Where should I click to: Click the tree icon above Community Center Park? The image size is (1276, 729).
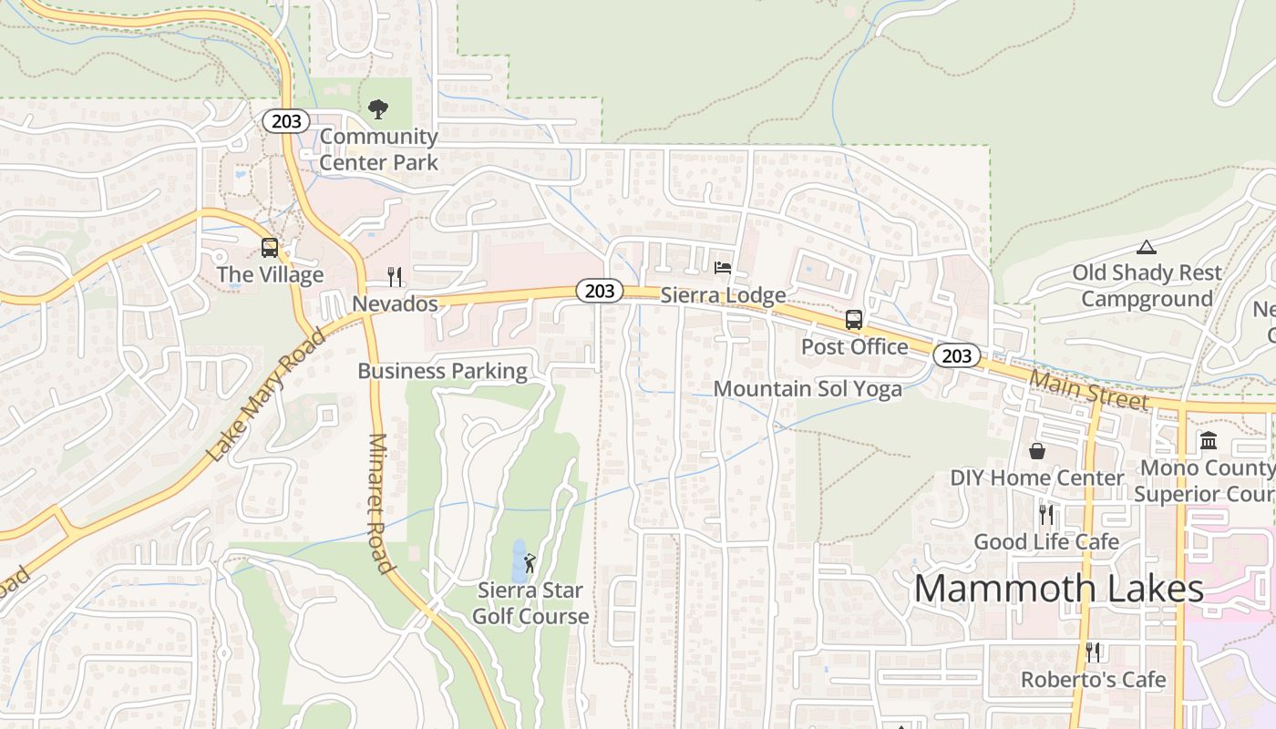377,109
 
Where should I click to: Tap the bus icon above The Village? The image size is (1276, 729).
270,247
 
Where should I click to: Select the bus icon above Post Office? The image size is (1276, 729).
854,320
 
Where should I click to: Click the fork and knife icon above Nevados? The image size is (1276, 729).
395,277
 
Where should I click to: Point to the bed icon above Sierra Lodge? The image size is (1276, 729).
723,268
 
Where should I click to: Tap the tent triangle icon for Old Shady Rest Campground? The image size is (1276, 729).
1146,246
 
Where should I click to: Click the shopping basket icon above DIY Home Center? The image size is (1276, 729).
1037,451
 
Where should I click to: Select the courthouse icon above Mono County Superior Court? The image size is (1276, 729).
1209,441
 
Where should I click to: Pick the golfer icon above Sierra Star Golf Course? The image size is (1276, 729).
530,563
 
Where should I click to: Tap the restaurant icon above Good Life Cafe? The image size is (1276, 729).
1046,515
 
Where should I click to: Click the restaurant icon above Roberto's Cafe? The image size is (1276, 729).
1093,652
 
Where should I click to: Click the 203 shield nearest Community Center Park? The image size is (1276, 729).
286,121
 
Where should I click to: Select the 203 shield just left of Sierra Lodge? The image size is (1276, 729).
600,291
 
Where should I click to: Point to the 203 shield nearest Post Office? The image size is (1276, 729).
957,356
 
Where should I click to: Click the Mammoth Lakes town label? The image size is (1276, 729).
1058,589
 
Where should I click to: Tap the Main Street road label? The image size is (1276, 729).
1089,389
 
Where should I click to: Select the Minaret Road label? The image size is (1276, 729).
380,503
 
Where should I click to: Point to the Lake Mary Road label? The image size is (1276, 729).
266,395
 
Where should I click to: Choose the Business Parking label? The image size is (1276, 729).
442,371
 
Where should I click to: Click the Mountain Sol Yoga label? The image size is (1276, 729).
808,389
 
